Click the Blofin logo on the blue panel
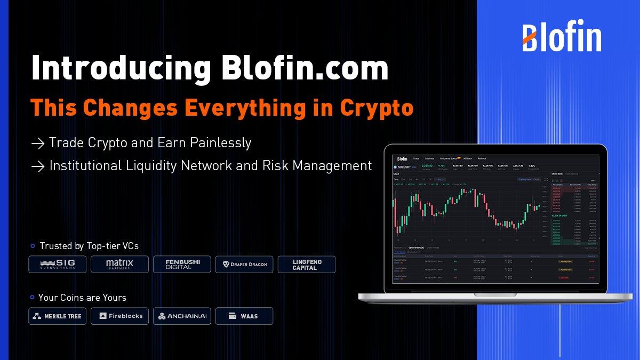click(x=562, y=37)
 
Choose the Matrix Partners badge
click(x=119, y=264)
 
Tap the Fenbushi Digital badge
click(x=181, y=264)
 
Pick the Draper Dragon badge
click(x=244, y=264)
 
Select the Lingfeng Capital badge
click(x=307, y=264)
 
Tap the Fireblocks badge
click(x=119, y=316)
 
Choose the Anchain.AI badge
click(x=181, y=316)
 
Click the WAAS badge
click(x=244, y=316)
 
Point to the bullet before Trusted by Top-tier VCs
click(x=33, y=246)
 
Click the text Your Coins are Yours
click(x=82, y=297)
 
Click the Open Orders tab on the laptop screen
click(x=416, y=247)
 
